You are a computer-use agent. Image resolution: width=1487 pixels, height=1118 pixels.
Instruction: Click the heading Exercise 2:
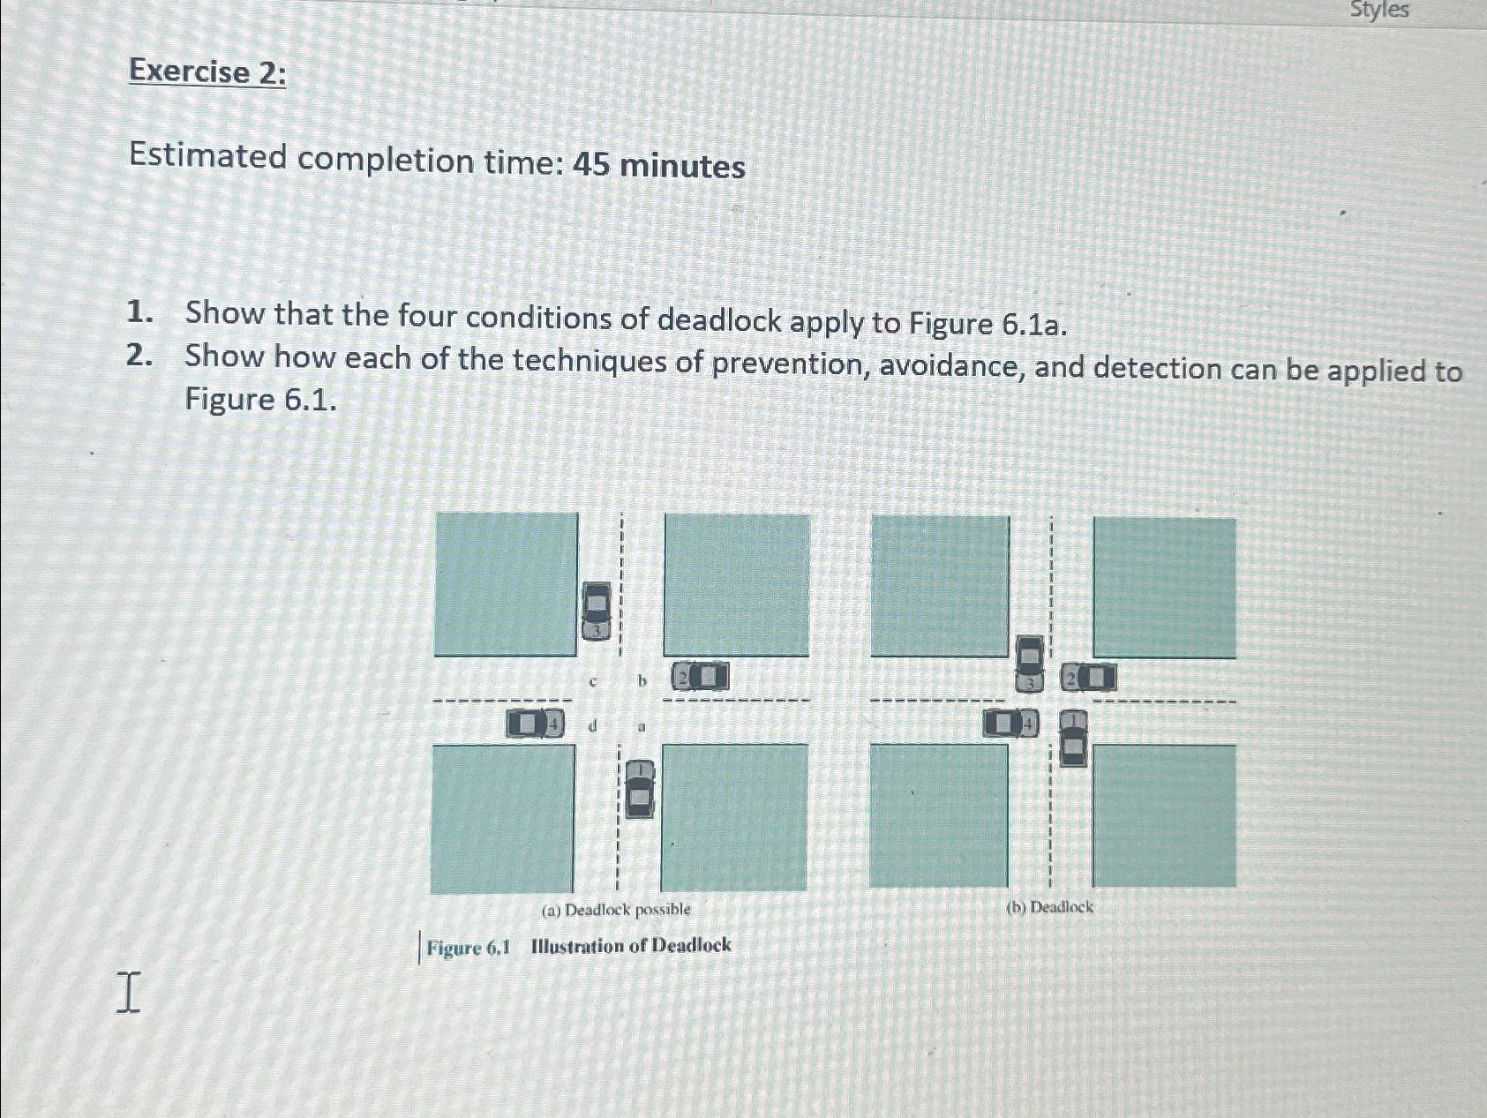click(x=207, y=71)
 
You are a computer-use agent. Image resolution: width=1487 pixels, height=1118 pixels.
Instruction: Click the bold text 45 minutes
click(x=658, y=165)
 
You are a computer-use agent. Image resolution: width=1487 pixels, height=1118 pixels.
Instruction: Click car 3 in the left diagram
click(x=597, y=611)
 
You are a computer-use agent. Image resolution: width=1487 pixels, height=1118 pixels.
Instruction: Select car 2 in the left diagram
click(x=701, y=677)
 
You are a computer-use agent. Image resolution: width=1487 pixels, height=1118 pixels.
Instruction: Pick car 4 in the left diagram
click(x=535, y=724)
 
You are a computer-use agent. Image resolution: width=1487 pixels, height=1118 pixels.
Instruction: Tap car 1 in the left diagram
click(x=640, y=789)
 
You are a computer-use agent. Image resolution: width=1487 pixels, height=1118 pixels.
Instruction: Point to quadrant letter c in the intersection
click(x=593, y=682)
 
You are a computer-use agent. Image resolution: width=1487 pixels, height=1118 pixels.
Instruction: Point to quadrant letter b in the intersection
click(x=642, y=681)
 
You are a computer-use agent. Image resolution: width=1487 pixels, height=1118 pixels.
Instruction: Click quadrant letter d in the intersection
click(x=593, y=725)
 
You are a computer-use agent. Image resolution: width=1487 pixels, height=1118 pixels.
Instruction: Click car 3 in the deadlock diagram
click(x=1029, y=663)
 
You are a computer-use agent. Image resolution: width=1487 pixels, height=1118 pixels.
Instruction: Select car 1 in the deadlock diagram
click(x=1072, y=739)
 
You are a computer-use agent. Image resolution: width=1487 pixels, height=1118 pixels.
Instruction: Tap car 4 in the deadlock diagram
click(x=1011, y=724)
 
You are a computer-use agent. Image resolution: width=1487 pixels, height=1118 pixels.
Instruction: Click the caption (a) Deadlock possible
click(x=616, y=909)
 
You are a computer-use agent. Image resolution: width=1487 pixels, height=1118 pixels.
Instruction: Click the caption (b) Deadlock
click(x=1049, y=907)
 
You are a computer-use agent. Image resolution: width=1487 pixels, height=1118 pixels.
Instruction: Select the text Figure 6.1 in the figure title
click(x=469, y=949)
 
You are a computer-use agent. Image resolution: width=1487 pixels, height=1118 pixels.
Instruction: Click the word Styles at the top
click(x=1379, y=11)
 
